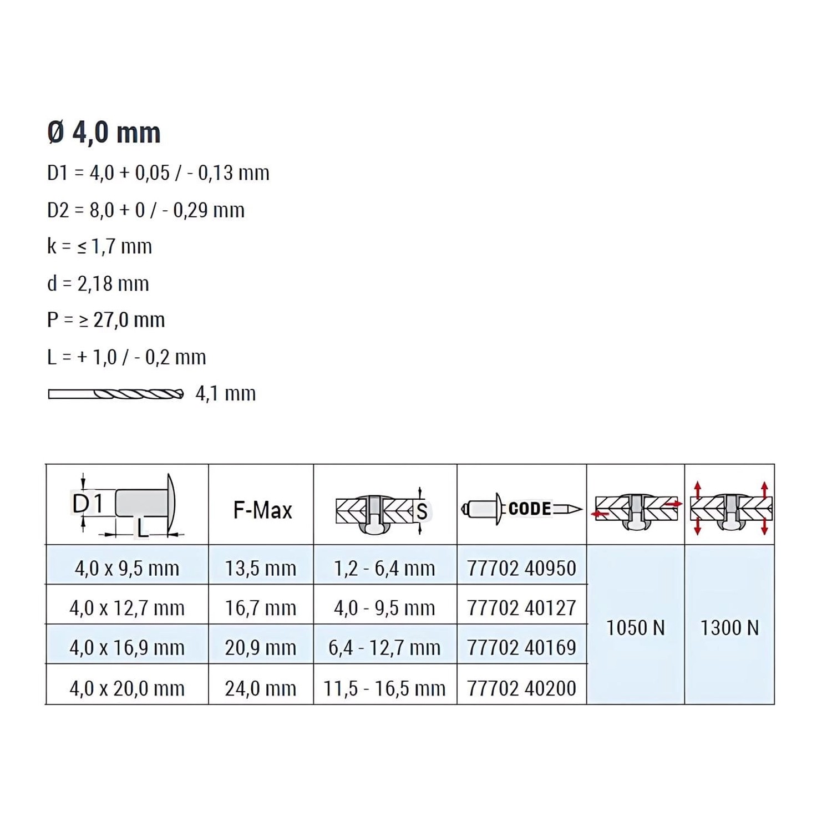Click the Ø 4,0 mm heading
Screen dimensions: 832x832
(x=104, y=133)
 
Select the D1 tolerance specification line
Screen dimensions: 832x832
(x=158, y=173)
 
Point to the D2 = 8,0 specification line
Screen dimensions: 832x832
(x=146, y=210)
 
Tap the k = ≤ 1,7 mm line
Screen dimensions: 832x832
(x=99, y=246)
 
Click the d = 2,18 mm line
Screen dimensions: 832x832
(x=98, y=284)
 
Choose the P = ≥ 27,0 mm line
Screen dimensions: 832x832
(x=106, y=320)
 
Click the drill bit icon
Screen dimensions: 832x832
(x=115, y=394)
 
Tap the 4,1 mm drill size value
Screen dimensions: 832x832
(x=226, y=394)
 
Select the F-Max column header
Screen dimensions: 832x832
(x=262, y=510)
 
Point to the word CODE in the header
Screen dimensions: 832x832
(x=530, y=509)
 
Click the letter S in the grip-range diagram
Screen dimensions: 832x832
(x=422, y=511)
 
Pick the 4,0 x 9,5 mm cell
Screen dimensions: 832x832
(x=127, y=569)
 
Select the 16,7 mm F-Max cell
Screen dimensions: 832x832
(x=261, y=608)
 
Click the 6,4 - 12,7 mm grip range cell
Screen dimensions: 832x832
(x=384, y=648)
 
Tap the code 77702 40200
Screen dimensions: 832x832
(x=521, y=688)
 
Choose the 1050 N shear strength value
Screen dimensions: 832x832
(x=636, y=628)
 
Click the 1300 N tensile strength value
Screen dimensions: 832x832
(x=729, y=628)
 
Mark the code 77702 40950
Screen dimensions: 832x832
(x=521, y=569)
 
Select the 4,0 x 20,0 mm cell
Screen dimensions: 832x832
(x=127, y=688)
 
